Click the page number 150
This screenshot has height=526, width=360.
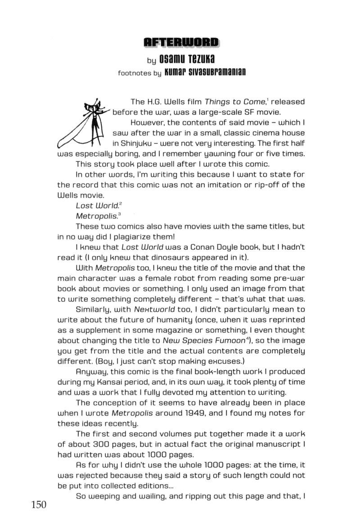coord(39,505)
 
